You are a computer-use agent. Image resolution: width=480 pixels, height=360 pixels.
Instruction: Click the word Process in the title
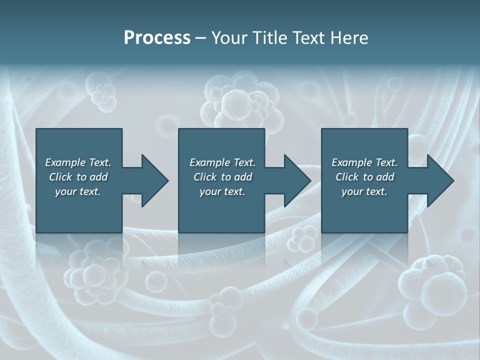157,37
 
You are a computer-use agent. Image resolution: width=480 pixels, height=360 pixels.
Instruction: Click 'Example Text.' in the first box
78,162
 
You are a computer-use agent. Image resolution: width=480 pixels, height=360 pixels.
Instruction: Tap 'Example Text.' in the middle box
222,162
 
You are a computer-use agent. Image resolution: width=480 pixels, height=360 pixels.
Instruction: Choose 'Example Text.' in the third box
364,162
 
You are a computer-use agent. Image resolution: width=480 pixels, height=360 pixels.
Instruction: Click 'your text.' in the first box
78,191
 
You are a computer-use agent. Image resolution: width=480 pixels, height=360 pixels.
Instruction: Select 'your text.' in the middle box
222,191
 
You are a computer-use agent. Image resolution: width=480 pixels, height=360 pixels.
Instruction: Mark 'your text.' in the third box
364,191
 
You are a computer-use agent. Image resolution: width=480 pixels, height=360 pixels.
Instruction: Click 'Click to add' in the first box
78,177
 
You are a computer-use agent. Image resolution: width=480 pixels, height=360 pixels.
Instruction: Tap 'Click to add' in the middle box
222,177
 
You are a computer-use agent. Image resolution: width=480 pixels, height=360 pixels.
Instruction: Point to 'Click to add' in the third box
364,177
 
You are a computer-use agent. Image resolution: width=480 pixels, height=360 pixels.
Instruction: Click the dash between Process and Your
201,38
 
